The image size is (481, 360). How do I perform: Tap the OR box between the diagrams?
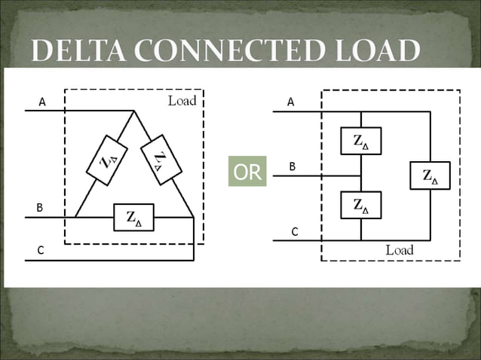247,172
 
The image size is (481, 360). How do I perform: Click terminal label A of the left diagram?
42,102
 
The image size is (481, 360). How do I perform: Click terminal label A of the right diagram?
291,102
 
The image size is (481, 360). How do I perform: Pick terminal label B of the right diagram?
293,166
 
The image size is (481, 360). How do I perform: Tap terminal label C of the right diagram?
295,232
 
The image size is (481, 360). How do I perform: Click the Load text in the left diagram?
182,100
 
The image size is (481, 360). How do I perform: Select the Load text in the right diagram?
400,250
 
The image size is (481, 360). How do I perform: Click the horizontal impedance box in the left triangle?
133,218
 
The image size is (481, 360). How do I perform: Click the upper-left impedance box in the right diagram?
361,140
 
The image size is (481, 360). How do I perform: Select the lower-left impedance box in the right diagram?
361,205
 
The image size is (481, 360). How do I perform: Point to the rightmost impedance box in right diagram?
430,176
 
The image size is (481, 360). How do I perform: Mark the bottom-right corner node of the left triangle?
194,218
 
